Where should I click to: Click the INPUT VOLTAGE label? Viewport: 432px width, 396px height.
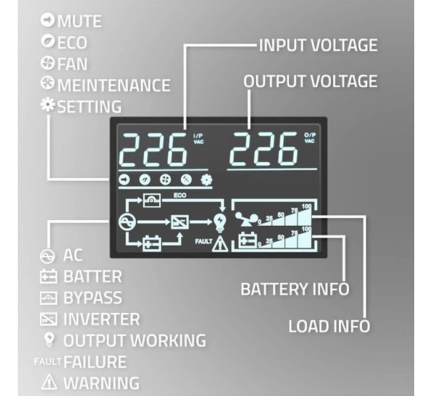(x=318, y=45)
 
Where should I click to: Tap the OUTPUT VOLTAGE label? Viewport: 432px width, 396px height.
(x=310, y=81)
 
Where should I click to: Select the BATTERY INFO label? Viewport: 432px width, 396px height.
(x=294, y=289)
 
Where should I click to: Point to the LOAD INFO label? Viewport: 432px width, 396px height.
(x=329, y=326)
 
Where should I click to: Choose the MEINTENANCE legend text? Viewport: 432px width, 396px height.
(x=114, y=85)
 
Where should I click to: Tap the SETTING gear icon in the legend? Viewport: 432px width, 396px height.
(x=47, y=105)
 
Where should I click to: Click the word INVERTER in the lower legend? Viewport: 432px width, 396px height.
(x=101, y=320)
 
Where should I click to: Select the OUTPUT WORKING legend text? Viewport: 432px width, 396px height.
(x=135, y=340)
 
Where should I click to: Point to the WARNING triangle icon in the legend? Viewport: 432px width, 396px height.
(x=49, y=382)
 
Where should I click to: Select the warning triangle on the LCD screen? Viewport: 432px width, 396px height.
(x=219, y=244)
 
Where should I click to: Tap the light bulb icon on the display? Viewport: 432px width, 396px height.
(x=219, y=221)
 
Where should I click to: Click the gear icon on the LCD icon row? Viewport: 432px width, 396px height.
(x=206, y=179)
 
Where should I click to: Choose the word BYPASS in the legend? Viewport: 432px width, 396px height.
(x=93, y=298)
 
